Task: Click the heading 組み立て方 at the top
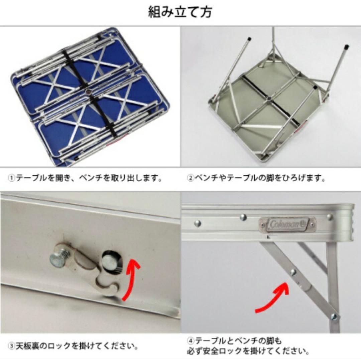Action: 179,12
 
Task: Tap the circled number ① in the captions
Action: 11,178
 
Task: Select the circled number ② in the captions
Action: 190,178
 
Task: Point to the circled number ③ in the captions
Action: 11,346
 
